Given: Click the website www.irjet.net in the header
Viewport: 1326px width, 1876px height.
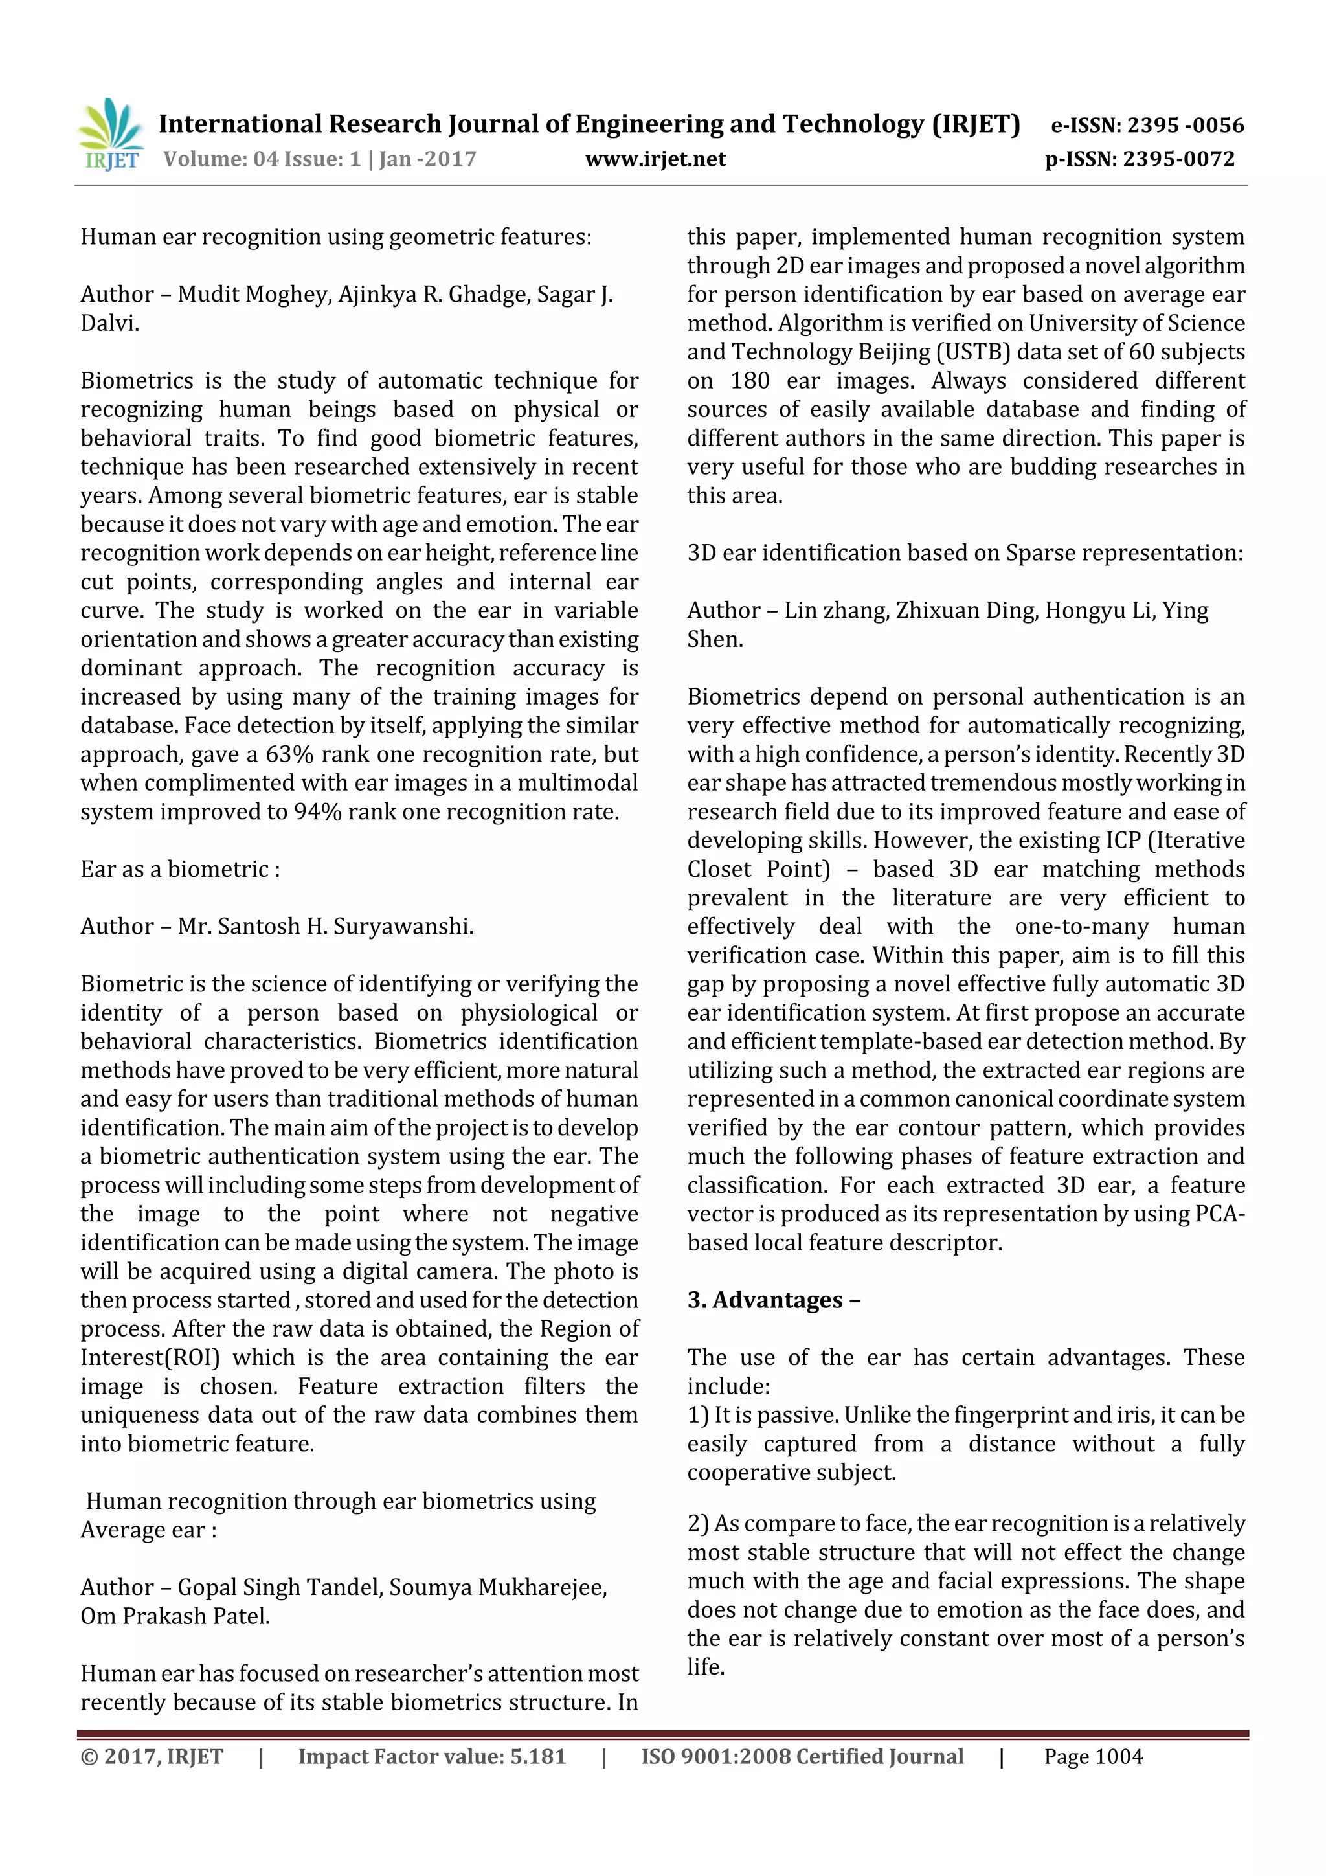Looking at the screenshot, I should pyautogui.click(x=655, y=159).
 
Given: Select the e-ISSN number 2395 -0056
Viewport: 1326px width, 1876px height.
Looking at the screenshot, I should pyautogui.click(x=1185, y=125).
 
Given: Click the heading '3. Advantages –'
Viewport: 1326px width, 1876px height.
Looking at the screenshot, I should pyautogui.click(x=773, y=1299).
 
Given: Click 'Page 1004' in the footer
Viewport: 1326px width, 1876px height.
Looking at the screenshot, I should pyautogui.click(x=1093, y=1756).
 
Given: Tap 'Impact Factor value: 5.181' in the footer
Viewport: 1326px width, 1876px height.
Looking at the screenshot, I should pyautogui.click(x=431, y=1756).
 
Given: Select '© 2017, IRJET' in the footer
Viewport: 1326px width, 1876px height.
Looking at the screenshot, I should pyautogui.click(x=152, y=1756).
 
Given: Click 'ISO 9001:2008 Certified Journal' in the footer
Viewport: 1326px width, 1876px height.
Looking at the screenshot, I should pyautogui.click(x=802, y=1756).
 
